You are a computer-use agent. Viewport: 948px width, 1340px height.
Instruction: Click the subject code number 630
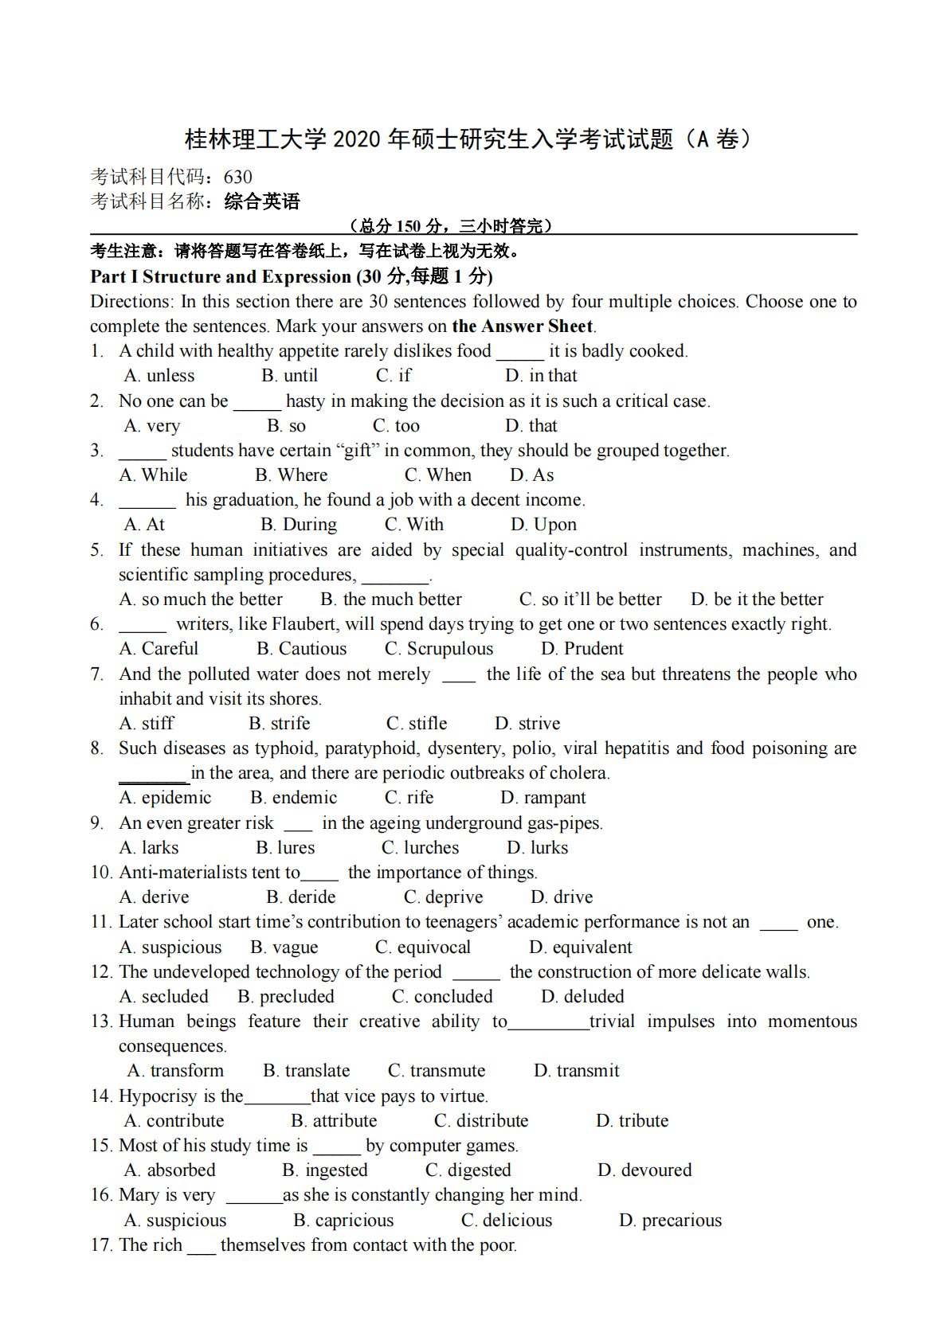pyautogui.click(x=238, y=177)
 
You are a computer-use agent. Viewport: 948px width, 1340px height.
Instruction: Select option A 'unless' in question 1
pyautogui.click(x=160, y=376)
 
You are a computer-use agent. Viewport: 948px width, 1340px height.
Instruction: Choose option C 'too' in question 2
pyautogui.click(x=397, y=426)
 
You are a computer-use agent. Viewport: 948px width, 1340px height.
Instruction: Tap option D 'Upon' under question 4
pyautogui.click(x=544, y=525)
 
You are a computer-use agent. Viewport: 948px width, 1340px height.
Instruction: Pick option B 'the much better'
pyautogui.click(x=391, y=600)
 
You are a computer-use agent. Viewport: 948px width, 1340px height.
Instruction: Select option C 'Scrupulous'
pyautogui.click(x=439, y=649)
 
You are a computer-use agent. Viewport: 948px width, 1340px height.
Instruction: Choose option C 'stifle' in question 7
pyautogui.click(x=417, y=724)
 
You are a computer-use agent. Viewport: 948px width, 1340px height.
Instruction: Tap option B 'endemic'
pyautogui.click(x=294, y=798)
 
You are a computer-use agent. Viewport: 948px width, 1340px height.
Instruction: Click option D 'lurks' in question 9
pyautogui.click(x=538, y=848)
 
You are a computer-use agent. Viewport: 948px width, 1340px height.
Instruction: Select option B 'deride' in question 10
pyautogui.click(x=301, y=897)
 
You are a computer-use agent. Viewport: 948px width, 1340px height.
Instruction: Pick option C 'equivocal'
pyautogui.click(x=423, y=947)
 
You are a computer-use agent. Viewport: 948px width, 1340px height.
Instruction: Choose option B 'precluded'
pyautogui.click(x=286, y=997)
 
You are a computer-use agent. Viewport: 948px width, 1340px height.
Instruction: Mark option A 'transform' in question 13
pyautogui.click(x=176, y=1071)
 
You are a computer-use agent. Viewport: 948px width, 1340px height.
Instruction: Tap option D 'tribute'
pyautogui.click(x=633, y=1121)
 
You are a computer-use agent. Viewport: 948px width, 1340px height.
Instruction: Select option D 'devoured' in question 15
pyautogui.click(x=644, y=1170)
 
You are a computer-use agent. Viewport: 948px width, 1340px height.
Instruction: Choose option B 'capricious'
pyautogui.click(x=343, y=1221)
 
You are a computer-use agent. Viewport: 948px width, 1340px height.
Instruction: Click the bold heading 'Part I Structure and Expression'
pyautogui.click(x=221, y=277)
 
